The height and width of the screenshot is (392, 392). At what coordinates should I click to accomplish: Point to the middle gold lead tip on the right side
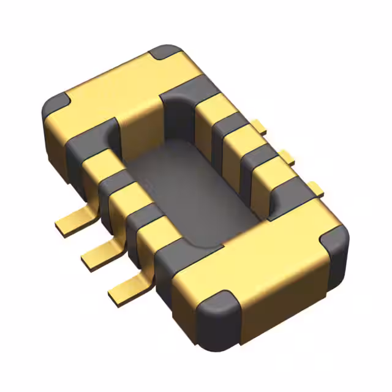pos(287,157)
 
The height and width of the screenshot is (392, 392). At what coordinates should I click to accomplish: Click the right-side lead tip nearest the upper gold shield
pos(260,128)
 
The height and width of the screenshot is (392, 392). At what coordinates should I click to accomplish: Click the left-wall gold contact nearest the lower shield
pos(150,231)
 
